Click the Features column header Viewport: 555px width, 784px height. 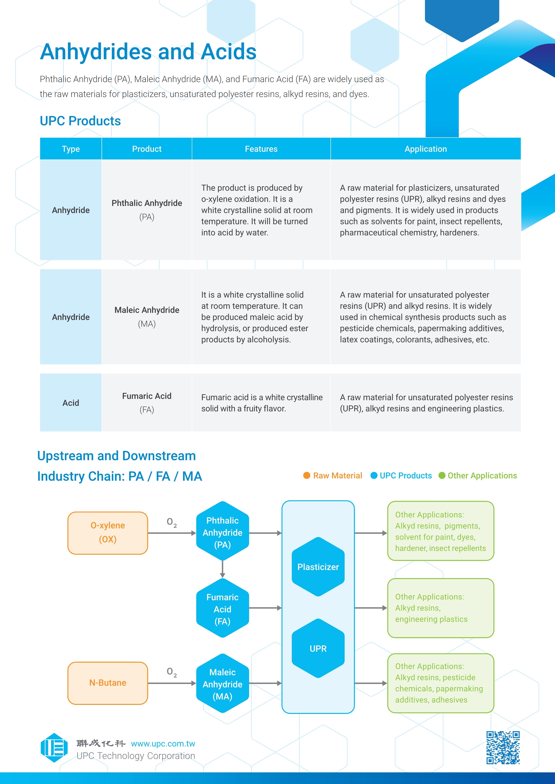[x=261, y=149]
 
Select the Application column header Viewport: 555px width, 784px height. [x=425, y=149]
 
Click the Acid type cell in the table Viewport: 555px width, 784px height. [x=71, y=403]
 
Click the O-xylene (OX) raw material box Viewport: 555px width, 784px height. [x=108, y=532]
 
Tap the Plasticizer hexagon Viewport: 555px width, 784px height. [x=318, y=567]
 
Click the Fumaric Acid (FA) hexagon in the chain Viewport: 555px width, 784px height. [x=222, y=609]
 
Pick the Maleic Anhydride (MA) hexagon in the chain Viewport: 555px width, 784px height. [x=222, y=684]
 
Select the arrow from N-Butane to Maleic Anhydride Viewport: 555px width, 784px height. [x=172, y=683]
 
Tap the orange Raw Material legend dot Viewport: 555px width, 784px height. [x=307, y=475]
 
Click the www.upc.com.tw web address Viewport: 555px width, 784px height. [x=163, y=743]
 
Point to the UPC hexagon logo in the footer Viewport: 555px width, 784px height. [x=54, y=748]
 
